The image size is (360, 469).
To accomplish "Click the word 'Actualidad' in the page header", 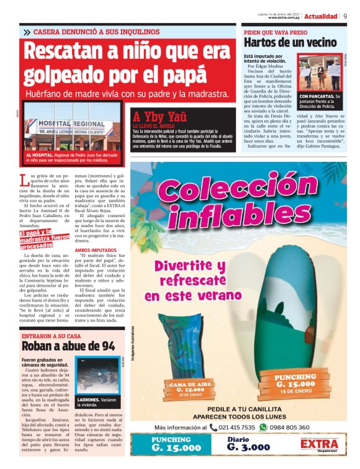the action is [x=321, y=16].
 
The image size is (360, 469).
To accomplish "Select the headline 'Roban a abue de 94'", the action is [x=68, y=346].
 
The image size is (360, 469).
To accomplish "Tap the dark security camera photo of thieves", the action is [x=96, y=375].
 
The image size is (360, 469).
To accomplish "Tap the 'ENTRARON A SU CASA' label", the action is [x=52, y=335].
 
